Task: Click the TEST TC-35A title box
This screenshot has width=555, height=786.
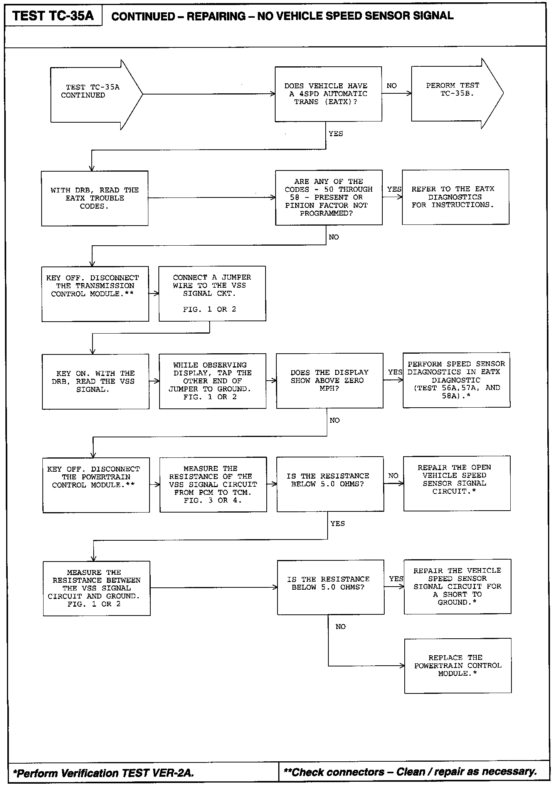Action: [53, 16]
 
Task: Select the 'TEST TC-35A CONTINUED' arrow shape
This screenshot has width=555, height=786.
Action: [92, 94]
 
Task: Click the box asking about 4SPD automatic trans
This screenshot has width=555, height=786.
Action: [328, 94]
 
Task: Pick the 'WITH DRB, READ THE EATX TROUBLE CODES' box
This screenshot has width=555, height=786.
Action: [95, 198]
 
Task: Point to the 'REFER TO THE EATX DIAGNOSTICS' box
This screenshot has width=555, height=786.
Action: [455, 197]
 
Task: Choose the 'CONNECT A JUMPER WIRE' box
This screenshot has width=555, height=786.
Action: [212, 293]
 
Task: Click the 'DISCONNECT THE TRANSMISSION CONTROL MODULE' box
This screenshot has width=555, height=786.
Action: [95, 294]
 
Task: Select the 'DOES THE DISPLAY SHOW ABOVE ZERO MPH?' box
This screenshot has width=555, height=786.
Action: [330, 381]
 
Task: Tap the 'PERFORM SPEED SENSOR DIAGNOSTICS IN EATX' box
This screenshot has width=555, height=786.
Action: [456, 380]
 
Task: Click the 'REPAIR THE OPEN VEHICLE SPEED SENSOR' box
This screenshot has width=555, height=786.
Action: [457, 484]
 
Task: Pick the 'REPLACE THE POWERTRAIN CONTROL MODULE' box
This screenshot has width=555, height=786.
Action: [458, 666]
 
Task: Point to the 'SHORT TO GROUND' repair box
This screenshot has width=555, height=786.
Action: [457, 587]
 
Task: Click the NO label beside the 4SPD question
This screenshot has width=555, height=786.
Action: [392, 86]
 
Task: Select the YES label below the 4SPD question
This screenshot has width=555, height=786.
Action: [336, 134]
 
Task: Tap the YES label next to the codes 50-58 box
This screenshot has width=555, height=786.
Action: [394, 189]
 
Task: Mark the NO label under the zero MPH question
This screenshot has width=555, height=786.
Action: [335, 420]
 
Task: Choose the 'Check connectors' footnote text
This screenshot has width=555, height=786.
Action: [410, 772]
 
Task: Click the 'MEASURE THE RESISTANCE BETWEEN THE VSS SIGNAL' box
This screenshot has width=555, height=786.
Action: [96, 589]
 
